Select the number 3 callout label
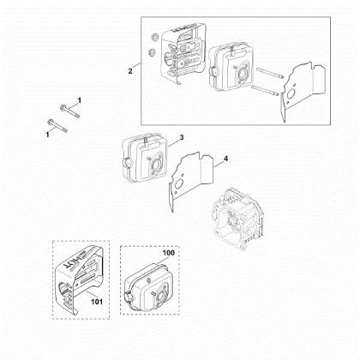181,138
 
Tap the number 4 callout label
225,159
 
